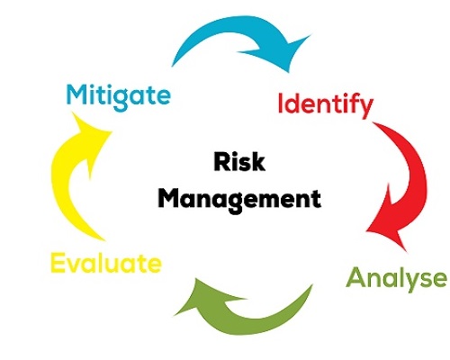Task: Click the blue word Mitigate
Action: point(119,96)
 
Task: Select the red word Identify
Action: point(326,105)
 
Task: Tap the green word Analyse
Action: point(396,278)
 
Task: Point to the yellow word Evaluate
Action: point(106,263)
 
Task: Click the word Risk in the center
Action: point(239,162)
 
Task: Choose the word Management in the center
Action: point(239,200)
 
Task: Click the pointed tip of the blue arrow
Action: point(289,72)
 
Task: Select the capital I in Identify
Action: point(281,103)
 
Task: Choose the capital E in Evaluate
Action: point(58,263)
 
